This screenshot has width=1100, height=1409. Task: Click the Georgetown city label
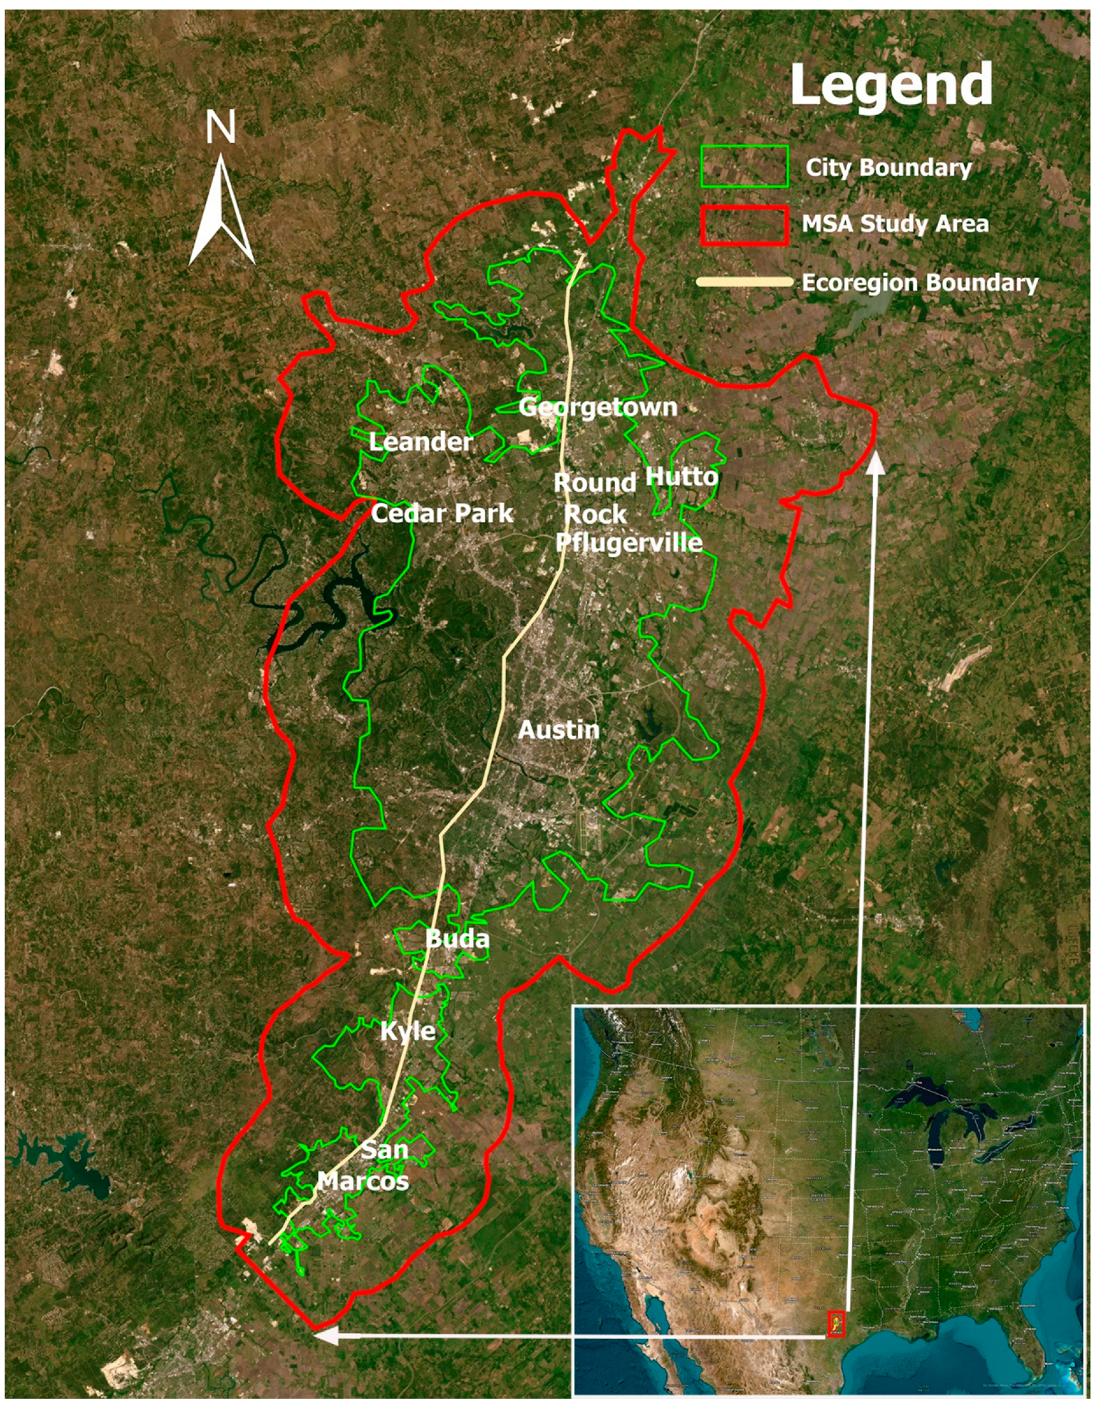coord(598,407)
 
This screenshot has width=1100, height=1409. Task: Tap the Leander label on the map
coord(421,442)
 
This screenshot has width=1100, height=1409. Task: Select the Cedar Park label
coord(443,514)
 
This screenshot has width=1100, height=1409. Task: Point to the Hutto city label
coord(681,477)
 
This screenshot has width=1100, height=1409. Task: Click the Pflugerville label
coord(629,542)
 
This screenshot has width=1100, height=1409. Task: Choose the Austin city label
coord(559,730)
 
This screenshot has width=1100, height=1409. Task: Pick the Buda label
coord(458,939)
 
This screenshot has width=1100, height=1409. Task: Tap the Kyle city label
coord(408,1031)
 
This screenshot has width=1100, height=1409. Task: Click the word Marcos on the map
coord(364,1181)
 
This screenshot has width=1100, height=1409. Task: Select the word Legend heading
coord(891,85)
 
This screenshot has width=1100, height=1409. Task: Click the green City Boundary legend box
coord(744,166)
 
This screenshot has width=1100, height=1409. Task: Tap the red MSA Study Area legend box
coord(744,225)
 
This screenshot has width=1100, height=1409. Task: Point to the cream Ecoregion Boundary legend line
coord(744,282)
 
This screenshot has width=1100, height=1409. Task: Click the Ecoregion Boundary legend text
coord(919,283)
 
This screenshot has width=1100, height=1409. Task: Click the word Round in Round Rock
coord(595,483)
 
